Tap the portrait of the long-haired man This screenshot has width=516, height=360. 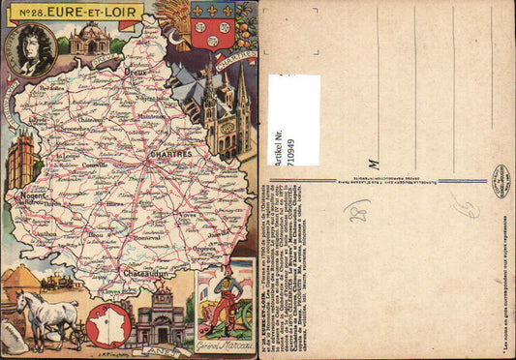[x=34, y=48]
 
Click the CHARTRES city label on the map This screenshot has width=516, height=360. [x=171, y=153]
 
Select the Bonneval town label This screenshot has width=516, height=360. [x=148, y=237]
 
